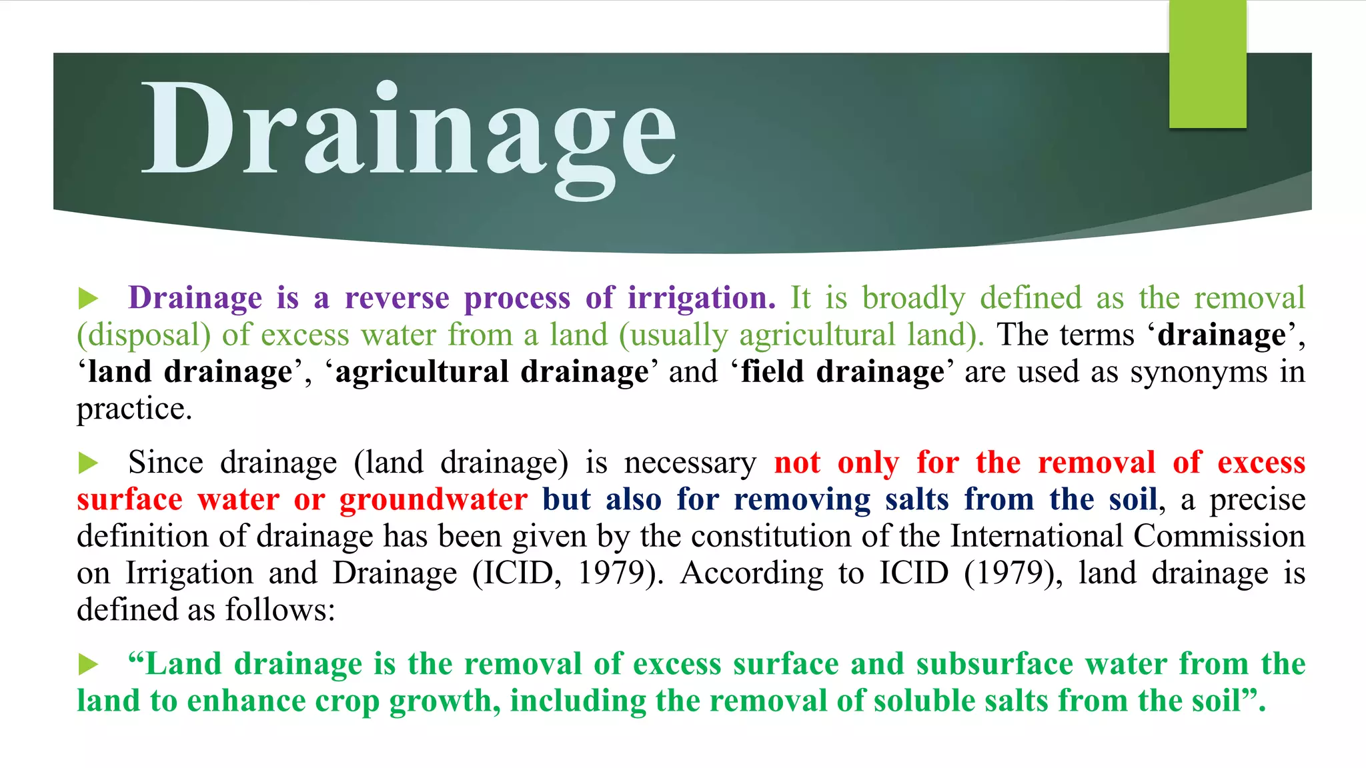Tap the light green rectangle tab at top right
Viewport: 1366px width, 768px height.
pyautogui.click(x=1207, y=64)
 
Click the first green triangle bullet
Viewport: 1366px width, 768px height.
pyautogui.click(x=88, y=299)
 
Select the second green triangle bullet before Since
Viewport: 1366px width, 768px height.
pyautogui.click(x=88, y=463)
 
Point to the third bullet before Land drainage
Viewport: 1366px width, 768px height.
pyautogui.click(x=88, y=665)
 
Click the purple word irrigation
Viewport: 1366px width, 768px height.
pyautogui.click(x=701, y=298)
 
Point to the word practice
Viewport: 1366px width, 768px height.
pyautogui.click(x=133, y=409)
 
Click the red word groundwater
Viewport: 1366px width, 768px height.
pyautogui.click(x=434, y=500)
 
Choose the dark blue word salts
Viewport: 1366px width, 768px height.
pyautogui.click(x=917, y=500)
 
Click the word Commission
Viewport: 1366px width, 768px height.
pyautogui.click(x=1219, y=537)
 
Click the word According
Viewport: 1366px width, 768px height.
pyautogui.click(x=752, y=573)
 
